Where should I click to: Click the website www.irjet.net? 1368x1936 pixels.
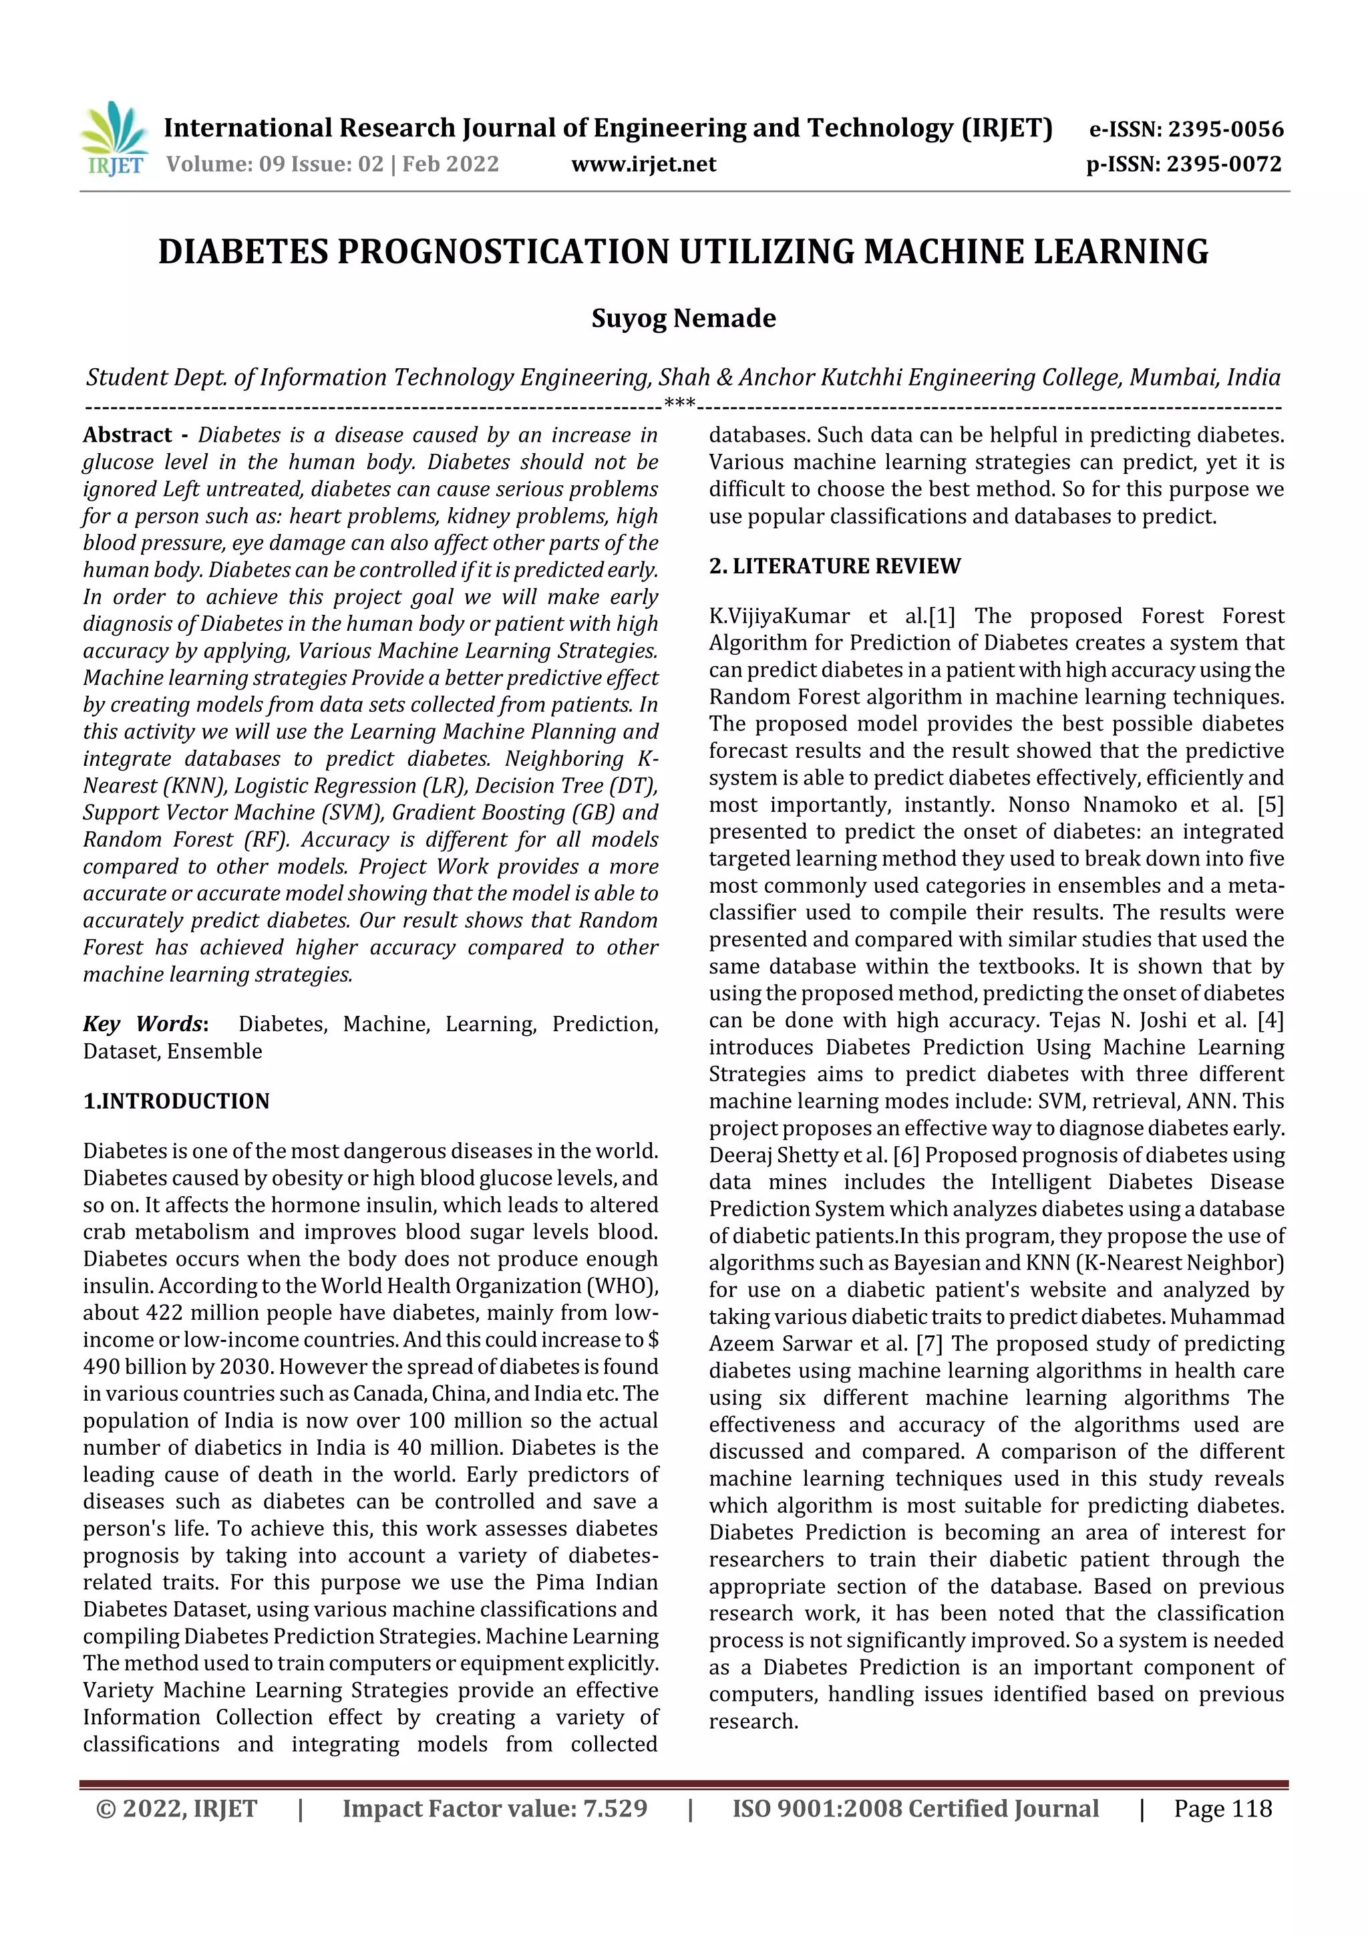[x=643, y=164]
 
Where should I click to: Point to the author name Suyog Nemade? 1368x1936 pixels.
[x=683, y=319]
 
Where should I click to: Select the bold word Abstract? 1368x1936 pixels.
[x=128, y=435]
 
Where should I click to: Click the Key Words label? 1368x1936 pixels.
[x=144, y=1024]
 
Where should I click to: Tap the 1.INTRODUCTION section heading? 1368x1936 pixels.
[x=176, y=1101]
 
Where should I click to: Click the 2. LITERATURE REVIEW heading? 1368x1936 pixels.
[x=834, y=566]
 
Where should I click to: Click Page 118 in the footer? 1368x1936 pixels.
[x=1222, y=1808]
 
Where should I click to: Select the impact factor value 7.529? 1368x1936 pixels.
[x=615, y=1808]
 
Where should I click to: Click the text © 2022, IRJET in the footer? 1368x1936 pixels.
[x=177, y=1808]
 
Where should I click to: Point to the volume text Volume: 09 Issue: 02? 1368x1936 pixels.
[x=275, y=164]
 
